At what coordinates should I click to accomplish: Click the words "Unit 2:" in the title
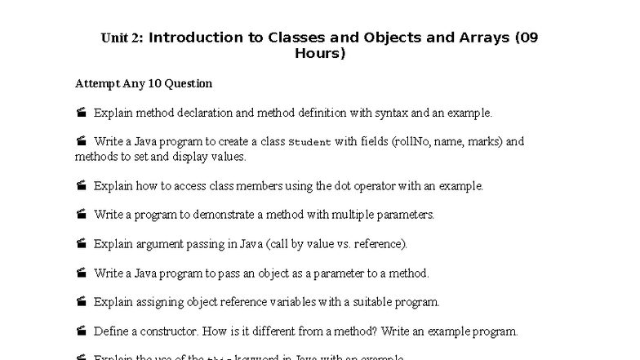pos(122,38)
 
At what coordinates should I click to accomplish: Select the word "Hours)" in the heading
pos(320,54)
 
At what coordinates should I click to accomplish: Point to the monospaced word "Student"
pos(310,142)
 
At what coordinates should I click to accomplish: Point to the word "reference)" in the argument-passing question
pos(379,244)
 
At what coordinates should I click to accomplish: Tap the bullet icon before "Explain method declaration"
pos(82,113)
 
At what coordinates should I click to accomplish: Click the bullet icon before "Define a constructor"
pos(82,331)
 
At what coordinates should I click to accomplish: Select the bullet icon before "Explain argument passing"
pos(82,244)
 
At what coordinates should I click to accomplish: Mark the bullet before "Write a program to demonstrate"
pos(82,215)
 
